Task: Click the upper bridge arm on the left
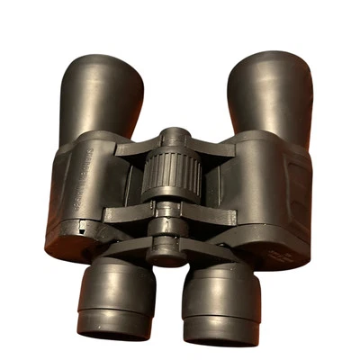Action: (135, 147)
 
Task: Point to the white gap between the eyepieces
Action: (168, 306)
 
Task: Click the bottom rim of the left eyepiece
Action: (115, 329)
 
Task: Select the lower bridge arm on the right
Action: (211, 216)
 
